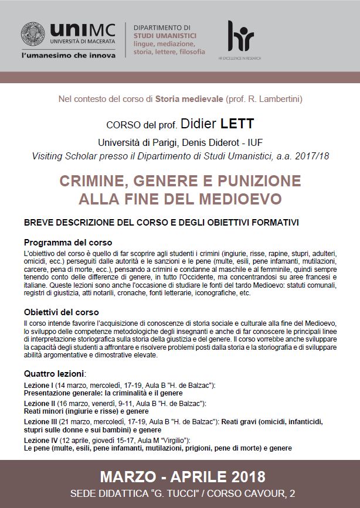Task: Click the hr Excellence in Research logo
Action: coord(240,38)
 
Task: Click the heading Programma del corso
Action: coord(67,242)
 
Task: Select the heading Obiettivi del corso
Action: coord(61,312)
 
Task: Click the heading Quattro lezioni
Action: coord(55,373)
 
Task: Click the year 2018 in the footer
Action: coord(245,475)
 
